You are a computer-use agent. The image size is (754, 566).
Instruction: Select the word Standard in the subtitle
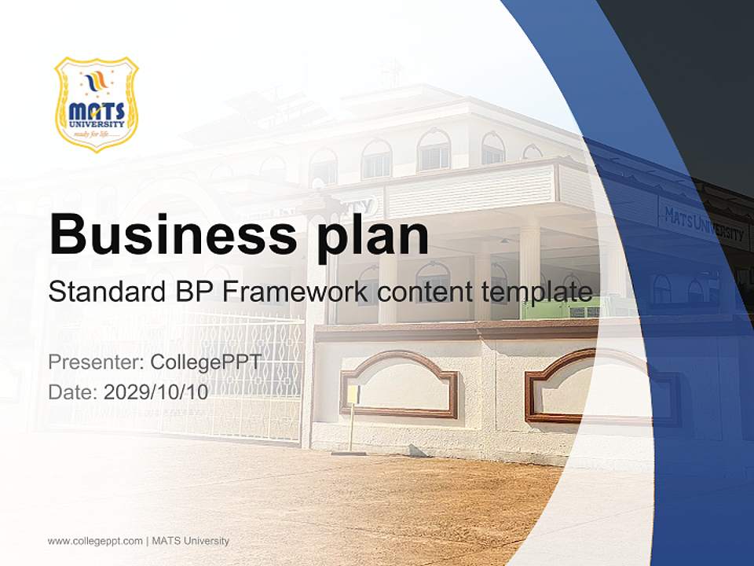104,292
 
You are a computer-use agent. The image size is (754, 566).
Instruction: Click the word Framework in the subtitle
295,292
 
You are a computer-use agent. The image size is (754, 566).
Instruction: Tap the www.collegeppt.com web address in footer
95,541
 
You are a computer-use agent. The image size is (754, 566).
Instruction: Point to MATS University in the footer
191,541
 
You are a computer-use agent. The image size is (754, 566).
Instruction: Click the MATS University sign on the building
703,225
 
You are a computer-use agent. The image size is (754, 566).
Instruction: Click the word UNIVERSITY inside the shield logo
96,123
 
